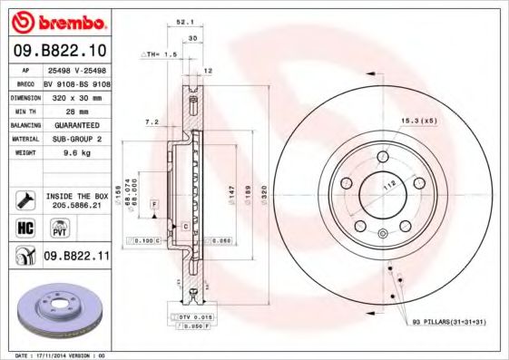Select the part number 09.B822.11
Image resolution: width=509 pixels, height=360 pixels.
click(x=77, y=257)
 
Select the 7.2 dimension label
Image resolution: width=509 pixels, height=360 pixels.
click(x=152, y=121)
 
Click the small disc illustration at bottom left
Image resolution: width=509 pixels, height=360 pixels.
click(x=59, y=314)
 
